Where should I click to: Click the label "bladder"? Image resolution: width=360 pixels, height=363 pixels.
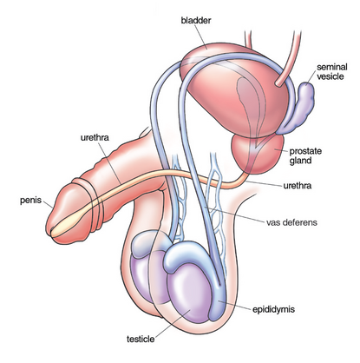[196, 21]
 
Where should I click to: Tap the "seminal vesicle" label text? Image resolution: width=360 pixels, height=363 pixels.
[332, 71]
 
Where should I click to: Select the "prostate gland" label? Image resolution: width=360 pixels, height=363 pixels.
[305, 155]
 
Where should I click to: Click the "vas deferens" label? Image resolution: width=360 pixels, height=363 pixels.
[291, 222]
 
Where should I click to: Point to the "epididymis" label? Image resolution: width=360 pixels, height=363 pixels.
[273, 309]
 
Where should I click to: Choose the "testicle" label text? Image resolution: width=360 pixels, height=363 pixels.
[141, 339]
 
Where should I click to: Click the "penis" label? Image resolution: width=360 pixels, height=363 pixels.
[30, 201]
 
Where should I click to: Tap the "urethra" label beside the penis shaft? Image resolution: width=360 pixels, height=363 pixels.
[95, 137]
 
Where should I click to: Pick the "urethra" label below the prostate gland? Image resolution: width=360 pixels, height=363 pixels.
[298, 185]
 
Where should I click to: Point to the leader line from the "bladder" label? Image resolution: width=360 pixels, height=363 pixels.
[200, 36]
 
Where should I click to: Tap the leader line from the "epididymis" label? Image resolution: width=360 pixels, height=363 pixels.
[234, 305]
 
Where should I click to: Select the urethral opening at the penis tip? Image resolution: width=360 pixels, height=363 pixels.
[52, 232]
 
